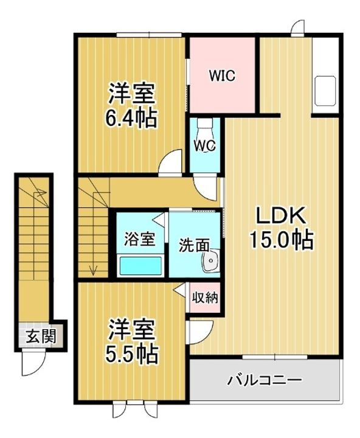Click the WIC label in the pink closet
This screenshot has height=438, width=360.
[x=223, y=75]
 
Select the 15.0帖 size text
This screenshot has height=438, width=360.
[x=281, y=240]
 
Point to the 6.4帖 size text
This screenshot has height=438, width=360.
[x=130, y=119]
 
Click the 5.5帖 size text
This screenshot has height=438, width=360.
[x=131, y=353]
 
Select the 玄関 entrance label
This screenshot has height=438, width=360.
[x=41, y=336]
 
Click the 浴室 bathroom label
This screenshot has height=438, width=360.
[x=139, y=239]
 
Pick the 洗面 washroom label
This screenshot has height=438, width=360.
[x=194, y=246]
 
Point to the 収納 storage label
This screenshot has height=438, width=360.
[x=205, y=298]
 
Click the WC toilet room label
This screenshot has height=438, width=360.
[x=206, y=145]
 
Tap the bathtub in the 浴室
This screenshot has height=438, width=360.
[x=140, y=266]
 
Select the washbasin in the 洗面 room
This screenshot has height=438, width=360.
[x=211, y=261]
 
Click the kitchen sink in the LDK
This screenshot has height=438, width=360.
[x=325, y=91]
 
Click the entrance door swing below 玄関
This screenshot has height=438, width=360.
[x=33, y=363]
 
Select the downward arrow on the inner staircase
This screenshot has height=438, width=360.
[x=94, y=271]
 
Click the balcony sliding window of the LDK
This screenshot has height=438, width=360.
[x=275, y=357]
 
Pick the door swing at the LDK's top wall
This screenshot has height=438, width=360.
[x=298, y=27]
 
